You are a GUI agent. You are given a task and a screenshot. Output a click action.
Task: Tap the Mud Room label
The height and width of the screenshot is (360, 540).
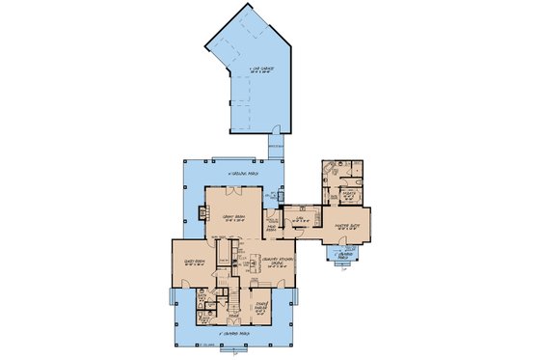click(273, 227)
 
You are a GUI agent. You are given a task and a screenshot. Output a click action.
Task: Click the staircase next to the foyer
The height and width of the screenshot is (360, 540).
click(231, 295)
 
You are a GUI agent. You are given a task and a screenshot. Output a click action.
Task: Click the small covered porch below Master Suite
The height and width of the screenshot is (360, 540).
click(343, 257)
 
